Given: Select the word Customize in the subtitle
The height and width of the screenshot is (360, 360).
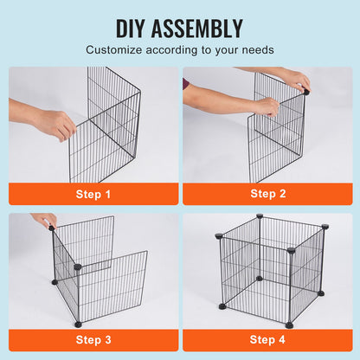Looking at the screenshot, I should [x=142, y=49].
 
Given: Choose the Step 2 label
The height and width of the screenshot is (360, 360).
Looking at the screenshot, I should [x=266, y=195].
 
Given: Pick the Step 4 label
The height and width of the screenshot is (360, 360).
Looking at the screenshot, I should [x=266, y=340].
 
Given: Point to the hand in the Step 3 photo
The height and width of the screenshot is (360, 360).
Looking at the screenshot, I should [x=43, y=221].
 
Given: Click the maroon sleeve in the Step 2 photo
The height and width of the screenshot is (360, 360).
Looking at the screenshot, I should [x=185, y=84].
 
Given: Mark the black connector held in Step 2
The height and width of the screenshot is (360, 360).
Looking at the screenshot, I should [x=306, y=90].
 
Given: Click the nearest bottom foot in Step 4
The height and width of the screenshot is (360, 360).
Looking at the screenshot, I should [x=290, y=325].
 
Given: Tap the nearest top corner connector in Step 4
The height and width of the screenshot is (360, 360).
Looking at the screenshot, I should [x=291, y=251].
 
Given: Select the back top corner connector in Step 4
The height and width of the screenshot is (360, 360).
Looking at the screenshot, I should [x=259, y=218].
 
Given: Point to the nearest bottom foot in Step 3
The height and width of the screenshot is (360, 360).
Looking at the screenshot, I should [x=78, y=324].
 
